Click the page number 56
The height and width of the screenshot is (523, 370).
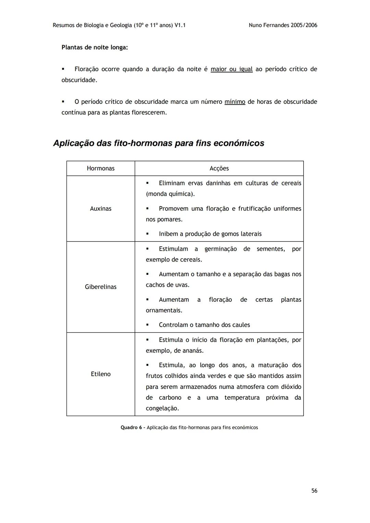tap(314, 491)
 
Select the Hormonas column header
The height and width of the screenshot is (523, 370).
tap(100, 168)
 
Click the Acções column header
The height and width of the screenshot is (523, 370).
tap(219, 168)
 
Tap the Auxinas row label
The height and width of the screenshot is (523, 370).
tap(100, 209)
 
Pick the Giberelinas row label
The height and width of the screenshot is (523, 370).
tap(100, 287)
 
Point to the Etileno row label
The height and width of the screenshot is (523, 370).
tap(100, 374)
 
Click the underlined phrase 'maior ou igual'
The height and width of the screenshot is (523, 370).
tap(231, 69)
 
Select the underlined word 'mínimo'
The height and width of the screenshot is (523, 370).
tap(235, 102)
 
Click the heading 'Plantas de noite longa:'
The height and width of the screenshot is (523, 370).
tap(95, 47)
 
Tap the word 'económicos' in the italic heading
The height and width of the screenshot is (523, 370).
tap(239, 143)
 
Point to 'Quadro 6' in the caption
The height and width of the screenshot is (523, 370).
tap(131, 427)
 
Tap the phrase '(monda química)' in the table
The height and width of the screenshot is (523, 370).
tap(170, 194)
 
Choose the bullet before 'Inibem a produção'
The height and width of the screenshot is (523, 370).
tap(147, 234)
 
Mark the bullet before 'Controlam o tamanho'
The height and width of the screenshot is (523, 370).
tap(147, 325)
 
